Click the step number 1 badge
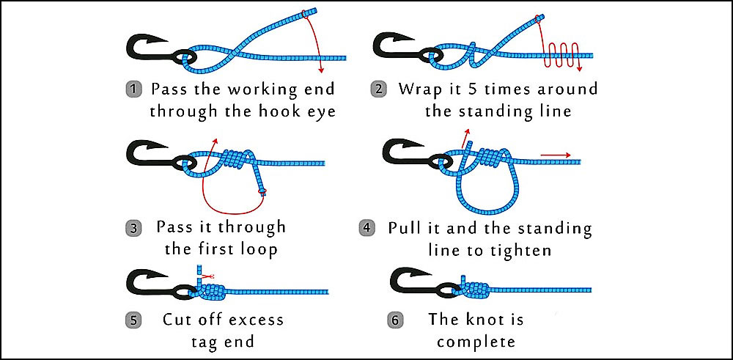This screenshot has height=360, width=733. [134, 90]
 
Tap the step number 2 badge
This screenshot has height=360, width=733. [379, 90]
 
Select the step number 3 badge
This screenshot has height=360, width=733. [134, 228]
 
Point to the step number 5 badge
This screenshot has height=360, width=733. [134, 320]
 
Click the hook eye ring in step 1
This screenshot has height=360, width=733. [185, 57]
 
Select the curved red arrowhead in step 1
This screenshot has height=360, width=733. [320, 70]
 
